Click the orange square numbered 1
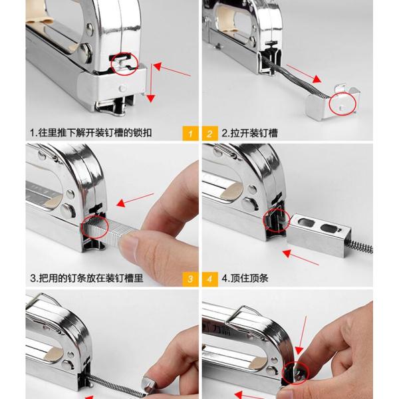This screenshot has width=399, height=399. click(x=190, y=133)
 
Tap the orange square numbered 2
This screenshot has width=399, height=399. click(x=210, y=133)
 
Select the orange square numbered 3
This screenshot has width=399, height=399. click(x=190, y=279)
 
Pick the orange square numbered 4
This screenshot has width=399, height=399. click(x=210, y=279)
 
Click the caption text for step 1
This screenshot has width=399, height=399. click(x=91, y=133)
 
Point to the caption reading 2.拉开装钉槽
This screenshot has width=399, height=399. click(x=249, y=133)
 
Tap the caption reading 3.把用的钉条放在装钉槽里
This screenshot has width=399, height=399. click(x=86, y=278)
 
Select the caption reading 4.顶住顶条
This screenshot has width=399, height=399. click(x=245, y=278)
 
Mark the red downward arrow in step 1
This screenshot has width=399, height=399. click(x=151, y=83)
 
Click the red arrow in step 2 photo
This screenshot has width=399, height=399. click(x=304, y=74)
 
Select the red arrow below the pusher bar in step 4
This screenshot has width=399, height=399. click(x=301, y=257)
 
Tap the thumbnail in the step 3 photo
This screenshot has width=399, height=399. click(x=129, y=242)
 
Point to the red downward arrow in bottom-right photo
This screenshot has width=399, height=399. click(x=303, y=335)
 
